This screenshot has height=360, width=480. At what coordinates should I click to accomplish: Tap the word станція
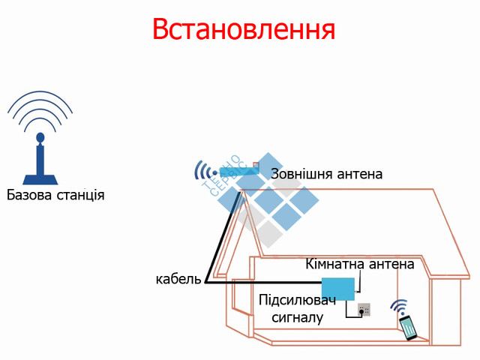[x=81, y=196]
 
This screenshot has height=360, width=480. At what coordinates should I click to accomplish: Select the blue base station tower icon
[x=40, y=160]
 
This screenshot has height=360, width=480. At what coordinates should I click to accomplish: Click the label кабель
[x=178, y=279]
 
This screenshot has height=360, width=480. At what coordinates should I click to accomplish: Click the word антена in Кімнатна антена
[x=391, y=264]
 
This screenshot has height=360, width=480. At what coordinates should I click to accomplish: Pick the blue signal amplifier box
[x=337, y=289]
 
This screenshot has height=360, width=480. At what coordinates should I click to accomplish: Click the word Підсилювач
[x=297, y=301]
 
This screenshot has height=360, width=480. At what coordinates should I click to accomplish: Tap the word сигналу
[x=298, y=317]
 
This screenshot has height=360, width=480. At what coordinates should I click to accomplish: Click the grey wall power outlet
[x=364, y=308]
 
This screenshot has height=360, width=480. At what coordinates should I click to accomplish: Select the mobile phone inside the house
[x=409, y=328]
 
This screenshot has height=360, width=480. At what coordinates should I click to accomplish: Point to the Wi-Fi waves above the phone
[x=399, y=307]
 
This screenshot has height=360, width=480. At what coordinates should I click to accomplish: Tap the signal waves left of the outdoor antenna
[x=200, y=171]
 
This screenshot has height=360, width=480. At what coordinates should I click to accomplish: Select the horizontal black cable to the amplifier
[x=262, y=282]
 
